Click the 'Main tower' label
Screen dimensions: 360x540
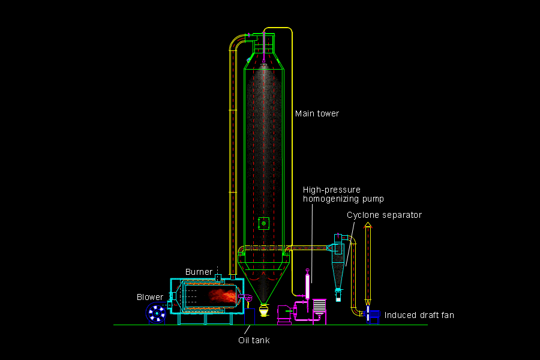pos(317,113)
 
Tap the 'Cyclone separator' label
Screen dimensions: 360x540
pos(384,215)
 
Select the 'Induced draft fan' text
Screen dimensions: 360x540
pos(416,315)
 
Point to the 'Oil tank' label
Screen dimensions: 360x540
pos(254,340)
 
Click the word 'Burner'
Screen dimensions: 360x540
pos(199,272)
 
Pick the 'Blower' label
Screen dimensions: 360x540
pos(149,296)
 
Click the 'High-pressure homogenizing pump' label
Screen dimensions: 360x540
pos(343,194)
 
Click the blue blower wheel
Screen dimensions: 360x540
pos(157,313)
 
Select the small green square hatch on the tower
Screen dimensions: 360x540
pos(263,223)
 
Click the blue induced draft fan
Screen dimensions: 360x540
pos(373,315)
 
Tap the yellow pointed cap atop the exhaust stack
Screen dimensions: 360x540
pos(368,225)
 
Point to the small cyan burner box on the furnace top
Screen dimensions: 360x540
pos(219,276)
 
